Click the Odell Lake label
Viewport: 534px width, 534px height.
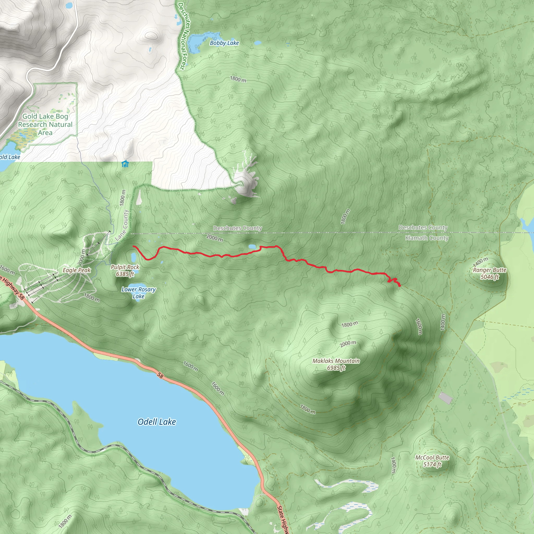[157, 422]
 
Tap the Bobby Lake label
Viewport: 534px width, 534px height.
[224, 43]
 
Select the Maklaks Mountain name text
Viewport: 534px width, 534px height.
[336, 361]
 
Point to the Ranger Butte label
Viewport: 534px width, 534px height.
[489, 270]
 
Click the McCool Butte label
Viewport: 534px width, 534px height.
[432, 457]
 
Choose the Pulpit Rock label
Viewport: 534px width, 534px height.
[125, 267]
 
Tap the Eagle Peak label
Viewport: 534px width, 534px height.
[77, 270]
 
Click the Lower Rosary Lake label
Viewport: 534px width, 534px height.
[138, 293]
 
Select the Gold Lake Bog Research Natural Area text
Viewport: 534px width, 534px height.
[45, 124]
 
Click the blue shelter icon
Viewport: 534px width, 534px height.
[125, 164]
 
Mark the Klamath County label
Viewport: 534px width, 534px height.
[427, 238]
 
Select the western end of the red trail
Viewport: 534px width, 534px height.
[133, 246]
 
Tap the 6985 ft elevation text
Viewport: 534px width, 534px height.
[336, 368]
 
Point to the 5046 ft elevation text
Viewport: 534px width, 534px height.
[489, 277]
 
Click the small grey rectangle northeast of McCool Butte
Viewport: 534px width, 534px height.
[445, 398]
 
